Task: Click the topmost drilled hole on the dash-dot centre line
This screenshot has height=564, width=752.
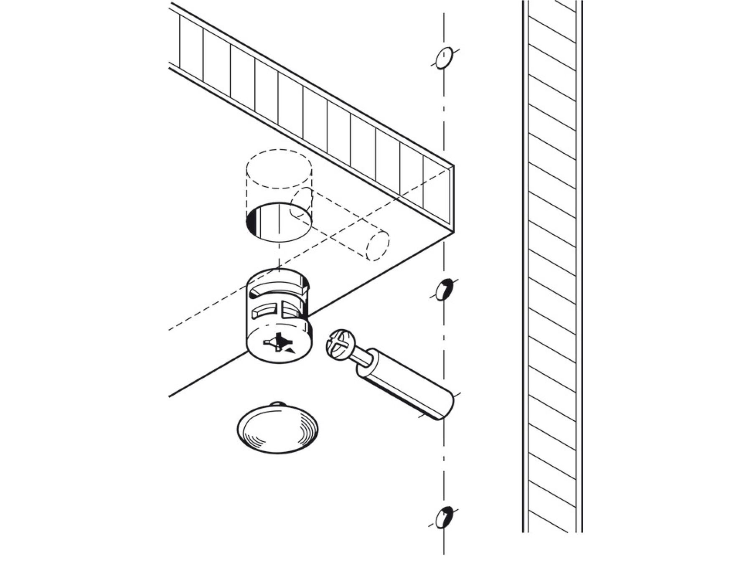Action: pyautogui.click(x=444, y=58)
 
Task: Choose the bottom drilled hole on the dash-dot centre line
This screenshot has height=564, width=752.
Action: pyautogui.click(x=444, y=517)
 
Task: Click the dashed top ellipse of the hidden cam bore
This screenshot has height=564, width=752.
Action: pyautogui.click(x=279, y=168)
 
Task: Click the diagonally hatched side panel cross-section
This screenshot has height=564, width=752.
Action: pyautogui.click(x=552, y=267)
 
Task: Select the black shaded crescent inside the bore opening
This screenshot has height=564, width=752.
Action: pyautogui.click(x=251, y=221)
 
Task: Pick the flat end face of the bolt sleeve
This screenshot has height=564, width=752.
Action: pyautogui.click(x=444, y=407)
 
